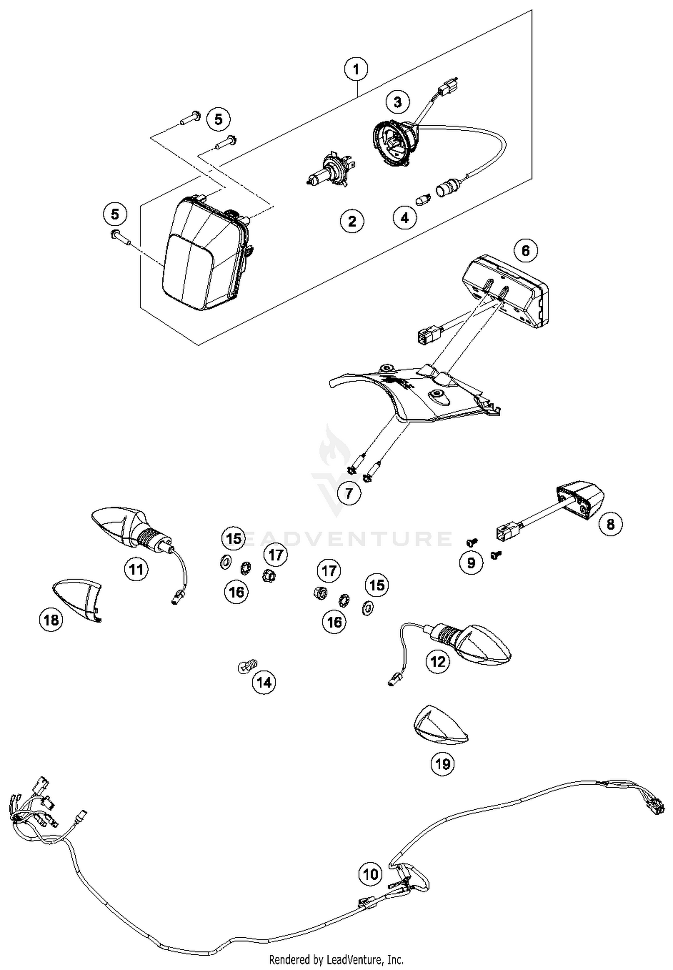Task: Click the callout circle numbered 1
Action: click(356, 69)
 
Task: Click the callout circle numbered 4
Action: click(405, 218)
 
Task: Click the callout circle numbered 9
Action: click(471, 562)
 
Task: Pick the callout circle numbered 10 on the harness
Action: click(371, 873)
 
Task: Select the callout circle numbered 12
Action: click(437, 661)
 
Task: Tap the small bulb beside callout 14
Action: click(246, 665)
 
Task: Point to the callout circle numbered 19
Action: click(442, 763)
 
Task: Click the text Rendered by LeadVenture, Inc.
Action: click(336, 960)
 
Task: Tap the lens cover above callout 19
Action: click(440, 724)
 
